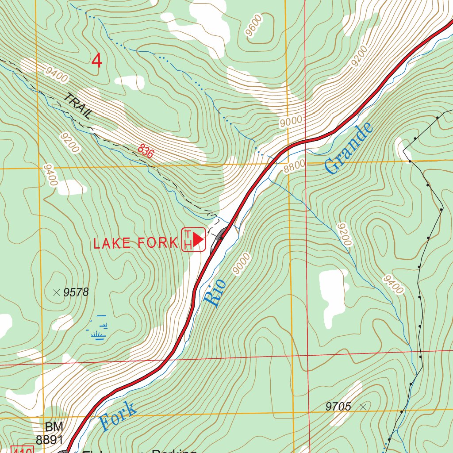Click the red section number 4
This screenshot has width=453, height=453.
coord(97,61)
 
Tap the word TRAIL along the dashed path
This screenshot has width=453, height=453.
coord(78,106)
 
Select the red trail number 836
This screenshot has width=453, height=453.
coord(146,151)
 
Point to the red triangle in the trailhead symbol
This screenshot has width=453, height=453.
coord(198,239)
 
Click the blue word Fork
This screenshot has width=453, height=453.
coord(118,416)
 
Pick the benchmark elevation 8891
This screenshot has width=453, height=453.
coord(50,440)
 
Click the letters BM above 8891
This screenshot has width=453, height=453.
coord(54,427)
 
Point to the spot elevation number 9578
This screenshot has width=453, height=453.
coord(76,292)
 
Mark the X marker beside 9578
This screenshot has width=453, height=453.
coord(56,292)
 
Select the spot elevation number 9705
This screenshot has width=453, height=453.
coord(338,407)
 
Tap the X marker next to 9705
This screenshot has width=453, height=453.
coord(364,406)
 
